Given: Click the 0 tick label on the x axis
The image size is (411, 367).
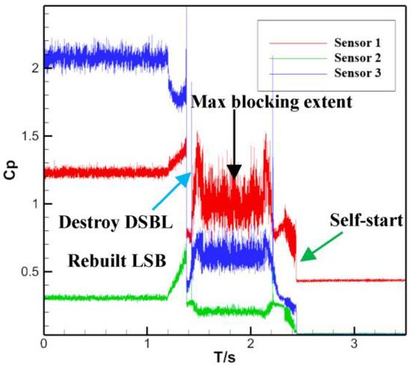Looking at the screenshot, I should (45, 345).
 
